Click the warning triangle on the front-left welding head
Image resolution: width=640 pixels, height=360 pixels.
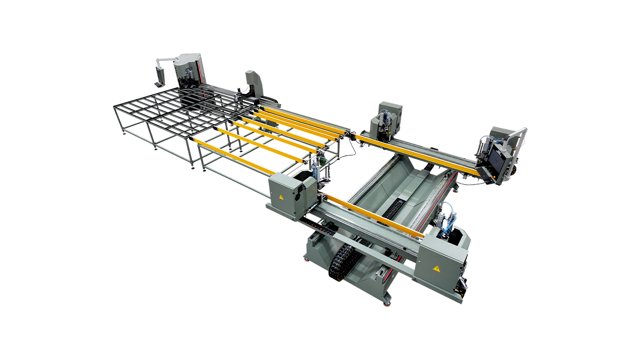pos(281,196)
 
